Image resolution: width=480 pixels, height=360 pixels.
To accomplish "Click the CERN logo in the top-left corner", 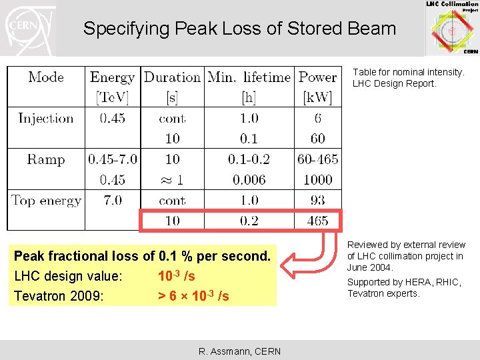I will [28, 28].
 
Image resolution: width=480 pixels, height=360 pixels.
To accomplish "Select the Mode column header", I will [47, 77].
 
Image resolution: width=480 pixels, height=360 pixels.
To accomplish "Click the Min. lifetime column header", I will [249, 77].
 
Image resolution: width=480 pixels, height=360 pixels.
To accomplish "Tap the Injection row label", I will [46, 119].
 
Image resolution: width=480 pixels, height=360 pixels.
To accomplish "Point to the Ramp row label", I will [46, 159].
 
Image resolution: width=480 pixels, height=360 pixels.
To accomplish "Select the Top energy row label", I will [46, 201].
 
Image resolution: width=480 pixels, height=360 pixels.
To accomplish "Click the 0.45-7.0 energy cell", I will [112, 159].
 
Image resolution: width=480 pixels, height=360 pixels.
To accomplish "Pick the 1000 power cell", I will [317, 180].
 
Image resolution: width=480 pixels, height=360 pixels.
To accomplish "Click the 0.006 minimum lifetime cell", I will [249, 180].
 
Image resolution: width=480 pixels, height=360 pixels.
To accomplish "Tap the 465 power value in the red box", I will [317, 221].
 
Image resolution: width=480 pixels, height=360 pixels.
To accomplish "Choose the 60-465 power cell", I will [317, 159].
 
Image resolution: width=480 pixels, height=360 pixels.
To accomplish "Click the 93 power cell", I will [317, 201].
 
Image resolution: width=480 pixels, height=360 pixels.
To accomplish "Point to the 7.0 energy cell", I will [112, 201].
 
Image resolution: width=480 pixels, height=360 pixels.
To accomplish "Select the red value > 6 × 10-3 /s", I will [193, 296].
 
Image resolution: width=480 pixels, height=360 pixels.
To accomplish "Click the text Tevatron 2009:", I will [59, 296].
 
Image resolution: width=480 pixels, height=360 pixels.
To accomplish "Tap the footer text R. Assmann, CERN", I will [239, 351].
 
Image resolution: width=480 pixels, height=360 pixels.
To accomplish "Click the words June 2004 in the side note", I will [371, 267].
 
